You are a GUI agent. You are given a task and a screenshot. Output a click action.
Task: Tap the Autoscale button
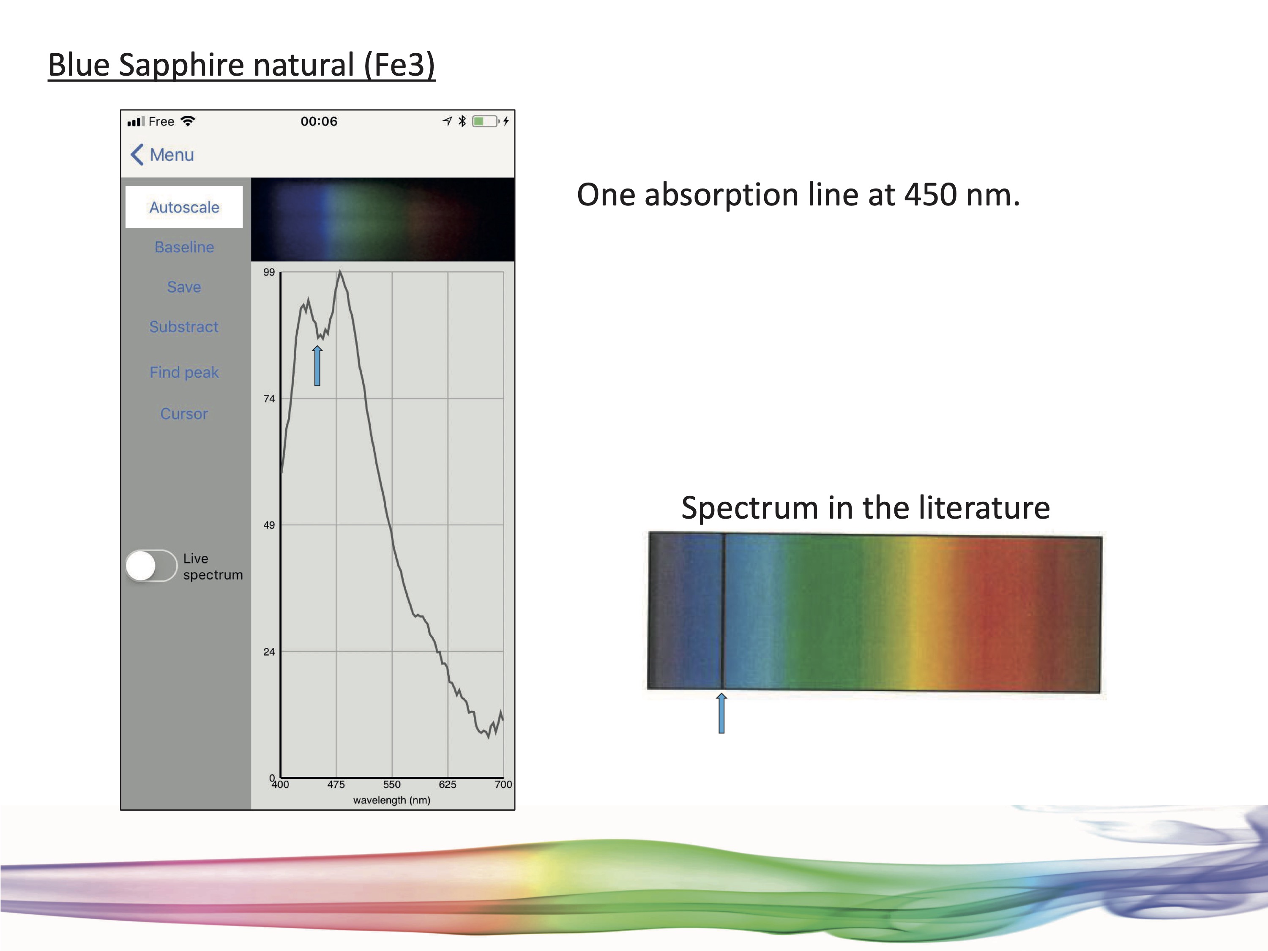184,207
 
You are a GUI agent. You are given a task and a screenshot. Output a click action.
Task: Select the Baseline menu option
184,247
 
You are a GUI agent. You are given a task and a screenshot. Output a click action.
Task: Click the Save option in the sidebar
184,287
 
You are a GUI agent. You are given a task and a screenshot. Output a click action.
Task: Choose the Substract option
184,327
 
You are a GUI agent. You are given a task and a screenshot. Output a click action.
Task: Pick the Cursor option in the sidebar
184,413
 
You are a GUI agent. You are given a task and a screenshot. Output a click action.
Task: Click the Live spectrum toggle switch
151,566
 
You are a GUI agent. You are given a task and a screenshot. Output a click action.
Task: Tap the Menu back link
162,155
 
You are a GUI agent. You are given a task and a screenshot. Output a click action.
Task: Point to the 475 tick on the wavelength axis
336,784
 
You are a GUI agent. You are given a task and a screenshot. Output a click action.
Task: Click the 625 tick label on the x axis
448,784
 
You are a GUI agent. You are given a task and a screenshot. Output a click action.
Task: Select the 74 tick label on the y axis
269,399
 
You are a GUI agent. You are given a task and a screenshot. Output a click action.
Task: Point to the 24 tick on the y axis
269,652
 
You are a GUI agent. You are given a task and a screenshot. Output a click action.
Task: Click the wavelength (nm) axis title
391,800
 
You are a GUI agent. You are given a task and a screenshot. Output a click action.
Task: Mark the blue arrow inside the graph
317,366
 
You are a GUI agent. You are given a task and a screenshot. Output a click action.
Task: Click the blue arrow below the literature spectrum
722,713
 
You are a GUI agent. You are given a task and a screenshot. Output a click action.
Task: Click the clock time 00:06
319,122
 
